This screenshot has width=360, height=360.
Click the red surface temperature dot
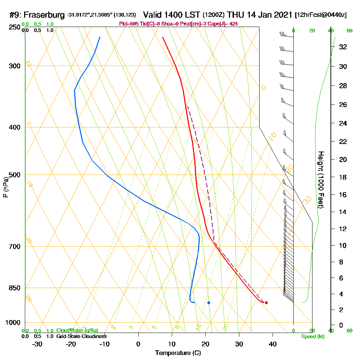coord(266,303)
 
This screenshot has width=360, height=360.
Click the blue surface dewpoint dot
coord(209,303)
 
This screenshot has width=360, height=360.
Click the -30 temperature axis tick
coord(37,344)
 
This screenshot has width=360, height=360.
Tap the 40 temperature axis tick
coord(273,344)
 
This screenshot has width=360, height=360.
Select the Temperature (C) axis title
coord(178,353)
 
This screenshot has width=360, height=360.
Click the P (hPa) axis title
coord(5,187)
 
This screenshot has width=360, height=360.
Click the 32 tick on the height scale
coord(343,47)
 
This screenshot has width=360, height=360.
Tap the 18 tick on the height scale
coord(343,177)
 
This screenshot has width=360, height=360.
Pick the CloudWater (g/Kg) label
coord(77,330)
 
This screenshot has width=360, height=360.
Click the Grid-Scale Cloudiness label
coord(81,336)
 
